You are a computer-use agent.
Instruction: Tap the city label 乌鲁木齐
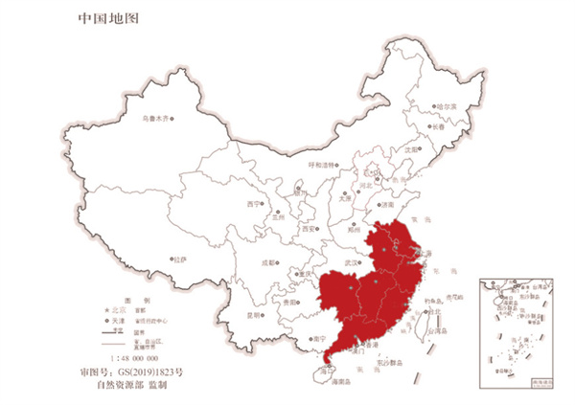pyautogui.click(x=153, y=118)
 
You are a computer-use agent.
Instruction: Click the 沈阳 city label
pyautogui.click(x=412, y=149)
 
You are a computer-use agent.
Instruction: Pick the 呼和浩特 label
pyautogui.click(x=323, y=164)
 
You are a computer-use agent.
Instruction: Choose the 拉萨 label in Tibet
pyautogui.click(x=178, y=259)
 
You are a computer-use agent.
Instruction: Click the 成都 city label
pyautogui.click(x=265, y=260)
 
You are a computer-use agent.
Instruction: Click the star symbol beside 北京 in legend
pyautogui.click(x=107, y=310)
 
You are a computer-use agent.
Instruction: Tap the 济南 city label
pyautogui.click(x=387, y=205)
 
